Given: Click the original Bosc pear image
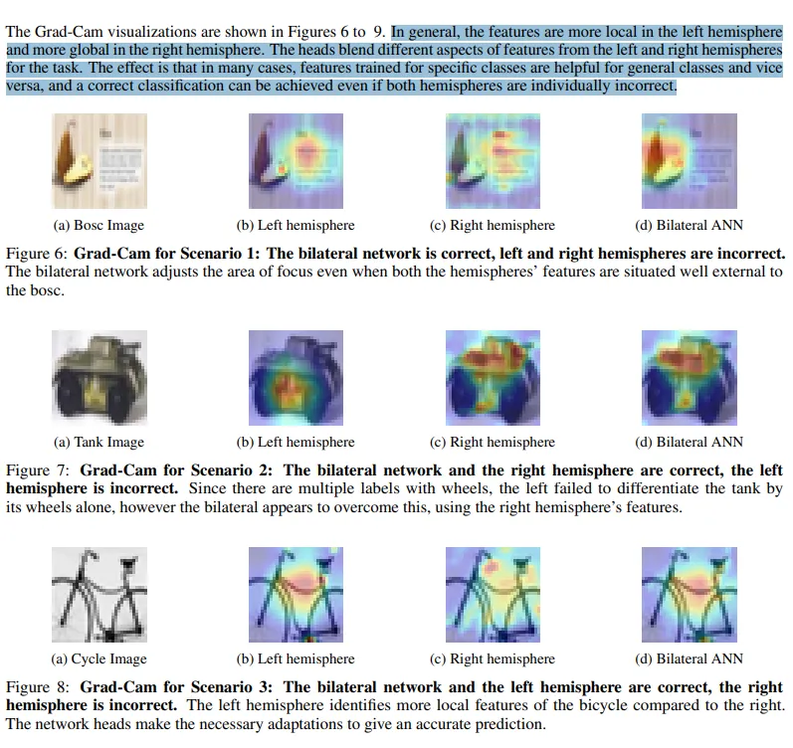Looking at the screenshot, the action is click(x=99, y=161).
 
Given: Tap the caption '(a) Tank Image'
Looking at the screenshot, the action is click(x=99, y=442).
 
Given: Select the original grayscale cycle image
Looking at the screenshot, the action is click(x=99, y=595).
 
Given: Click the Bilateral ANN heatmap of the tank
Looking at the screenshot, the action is click(x=690, y=378).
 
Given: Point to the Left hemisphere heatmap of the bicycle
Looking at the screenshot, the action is click(x=296, y=595).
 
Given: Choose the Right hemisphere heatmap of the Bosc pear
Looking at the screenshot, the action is click(x=493, y=161).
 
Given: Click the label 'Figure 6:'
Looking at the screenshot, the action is click(x=37, y=254).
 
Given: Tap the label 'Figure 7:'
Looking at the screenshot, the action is click(x=38, y=470).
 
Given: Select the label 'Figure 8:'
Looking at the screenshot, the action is click(x=38, y=687).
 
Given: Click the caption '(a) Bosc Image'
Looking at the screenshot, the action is click(x=99, y=225).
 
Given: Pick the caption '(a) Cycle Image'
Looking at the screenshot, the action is click(x=99, y=659).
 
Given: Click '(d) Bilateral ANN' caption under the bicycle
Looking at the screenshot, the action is click(x=689, y=659).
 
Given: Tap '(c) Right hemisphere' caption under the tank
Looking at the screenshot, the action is click(x=493, y=442).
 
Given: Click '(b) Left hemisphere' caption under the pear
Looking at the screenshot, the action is click(x=296, y=225).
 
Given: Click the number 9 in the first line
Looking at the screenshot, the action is click(x=377, y=32).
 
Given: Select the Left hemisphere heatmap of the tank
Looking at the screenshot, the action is click(x=296, y=378).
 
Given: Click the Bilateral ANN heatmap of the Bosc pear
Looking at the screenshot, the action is click(x=690, y=161).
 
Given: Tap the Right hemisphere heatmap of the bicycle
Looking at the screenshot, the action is click(x=493, y=595).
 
